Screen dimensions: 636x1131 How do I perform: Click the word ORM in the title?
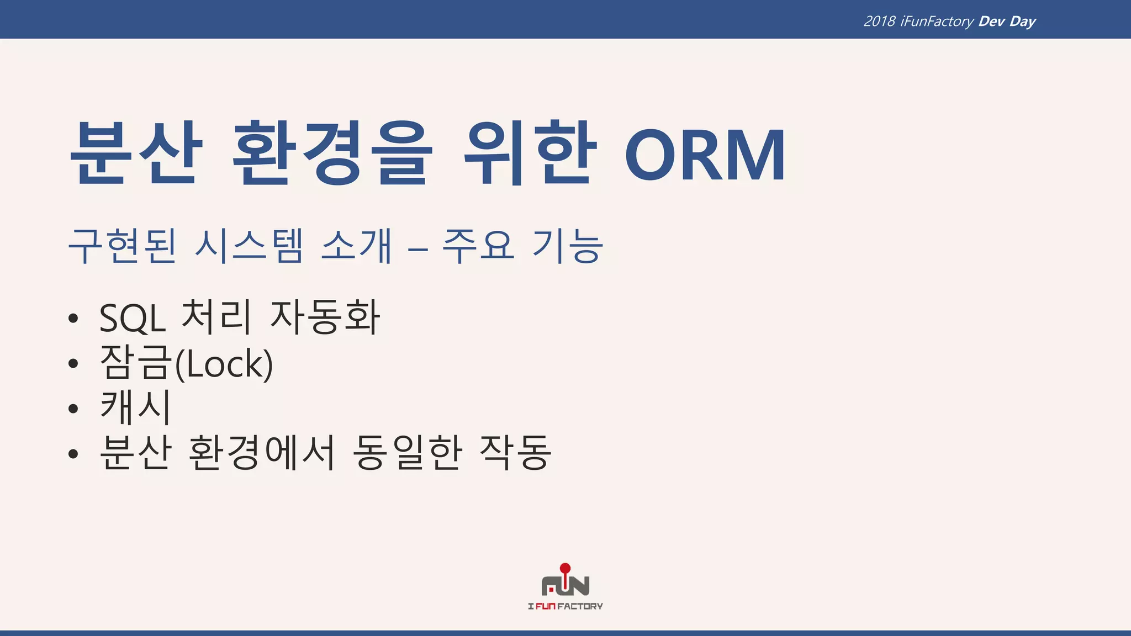[x=705, y=155]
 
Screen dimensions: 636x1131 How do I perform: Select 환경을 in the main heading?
[x=330, y=153]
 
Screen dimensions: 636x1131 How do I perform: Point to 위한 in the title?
[x=530, y=153]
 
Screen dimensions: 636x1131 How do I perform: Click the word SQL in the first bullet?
[x=133, y=318]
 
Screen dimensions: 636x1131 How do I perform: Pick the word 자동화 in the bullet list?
[x=325, y=317]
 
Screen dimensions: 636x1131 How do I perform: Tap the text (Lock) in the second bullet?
[x=224, y=364]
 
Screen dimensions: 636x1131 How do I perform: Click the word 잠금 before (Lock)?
[x=136, y=363]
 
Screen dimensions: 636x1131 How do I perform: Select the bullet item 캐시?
[x=136, y=407]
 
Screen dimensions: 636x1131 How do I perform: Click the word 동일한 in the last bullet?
[x=408, y=453]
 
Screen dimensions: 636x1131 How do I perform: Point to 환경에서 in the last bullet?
[x=261, y=453]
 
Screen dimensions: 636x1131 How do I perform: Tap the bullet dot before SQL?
[x=73, y=319]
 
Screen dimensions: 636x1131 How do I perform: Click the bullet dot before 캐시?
[x=73, y=409]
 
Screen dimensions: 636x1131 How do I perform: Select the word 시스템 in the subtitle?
[x=249, y=246]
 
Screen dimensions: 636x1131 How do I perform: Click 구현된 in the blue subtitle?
[x=122, y=246]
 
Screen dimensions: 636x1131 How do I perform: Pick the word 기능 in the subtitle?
[x=567, y=246]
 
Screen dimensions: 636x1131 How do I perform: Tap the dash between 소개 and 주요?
[x=418, y=250]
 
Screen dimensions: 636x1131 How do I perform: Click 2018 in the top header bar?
[x=879, y=22]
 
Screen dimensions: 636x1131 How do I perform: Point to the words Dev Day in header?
[x=1007, y=22]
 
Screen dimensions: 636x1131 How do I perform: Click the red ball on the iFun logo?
[x=565, y=568]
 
